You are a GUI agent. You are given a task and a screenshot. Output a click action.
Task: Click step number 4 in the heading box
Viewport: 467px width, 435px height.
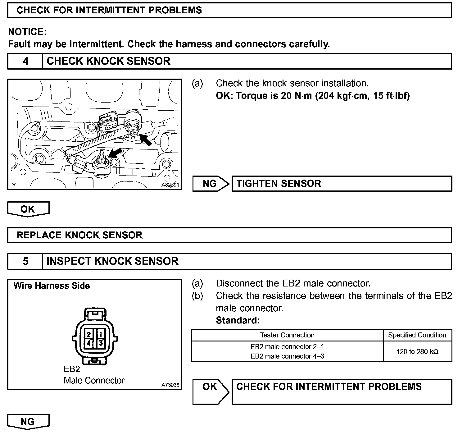(x=25, y=61)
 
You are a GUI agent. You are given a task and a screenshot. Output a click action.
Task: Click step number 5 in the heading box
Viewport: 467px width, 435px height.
(x=25, y=261)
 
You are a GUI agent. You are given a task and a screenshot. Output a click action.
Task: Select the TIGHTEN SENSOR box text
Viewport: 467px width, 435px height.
(x=279, y=184)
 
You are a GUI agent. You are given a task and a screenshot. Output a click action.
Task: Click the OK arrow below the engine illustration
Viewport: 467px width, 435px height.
(x=28, y=209)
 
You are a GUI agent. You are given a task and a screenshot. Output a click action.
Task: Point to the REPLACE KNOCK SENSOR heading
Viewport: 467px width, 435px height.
(x=79, y=235)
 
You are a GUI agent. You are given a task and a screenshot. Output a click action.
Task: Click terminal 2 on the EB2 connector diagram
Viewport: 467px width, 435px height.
(x=89, y=335)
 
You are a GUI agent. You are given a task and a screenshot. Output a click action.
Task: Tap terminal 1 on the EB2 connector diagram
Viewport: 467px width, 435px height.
(x=101, y=335)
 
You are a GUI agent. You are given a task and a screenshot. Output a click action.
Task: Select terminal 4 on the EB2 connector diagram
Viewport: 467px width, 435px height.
(x=89, y=344)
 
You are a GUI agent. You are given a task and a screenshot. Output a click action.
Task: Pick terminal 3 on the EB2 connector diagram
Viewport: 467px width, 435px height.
(x=101, y=344)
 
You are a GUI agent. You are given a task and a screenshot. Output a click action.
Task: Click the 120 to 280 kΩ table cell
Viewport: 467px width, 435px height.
(x=417, y=352)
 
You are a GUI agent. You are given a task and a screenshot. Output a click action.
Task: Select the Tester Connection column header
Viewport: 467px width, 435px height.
(x=287, y=335)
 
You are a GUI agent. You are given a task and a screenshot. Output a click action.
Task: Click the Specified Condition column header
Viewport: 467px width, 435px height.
(x=417, y=335)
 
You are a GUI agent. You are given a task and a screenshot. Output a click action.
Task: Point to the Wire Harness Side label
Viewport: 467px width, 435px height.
(x=52, y=286)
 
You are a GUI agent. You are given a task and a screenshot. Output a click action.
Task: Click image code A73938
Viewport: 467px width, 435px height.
(x=170, y=385)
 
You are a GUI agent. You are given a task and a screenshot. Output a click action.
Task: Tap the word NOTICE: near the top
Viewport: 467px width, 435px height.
(x=27, y=32)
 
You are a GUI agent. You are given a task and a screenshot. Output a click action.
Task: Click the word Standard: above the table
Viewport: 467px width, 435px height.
(x=238, y=320)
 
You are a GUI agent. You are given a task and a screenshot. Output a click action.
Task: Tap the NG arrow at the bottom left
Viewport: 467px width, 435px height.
(x=28, y=422)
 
